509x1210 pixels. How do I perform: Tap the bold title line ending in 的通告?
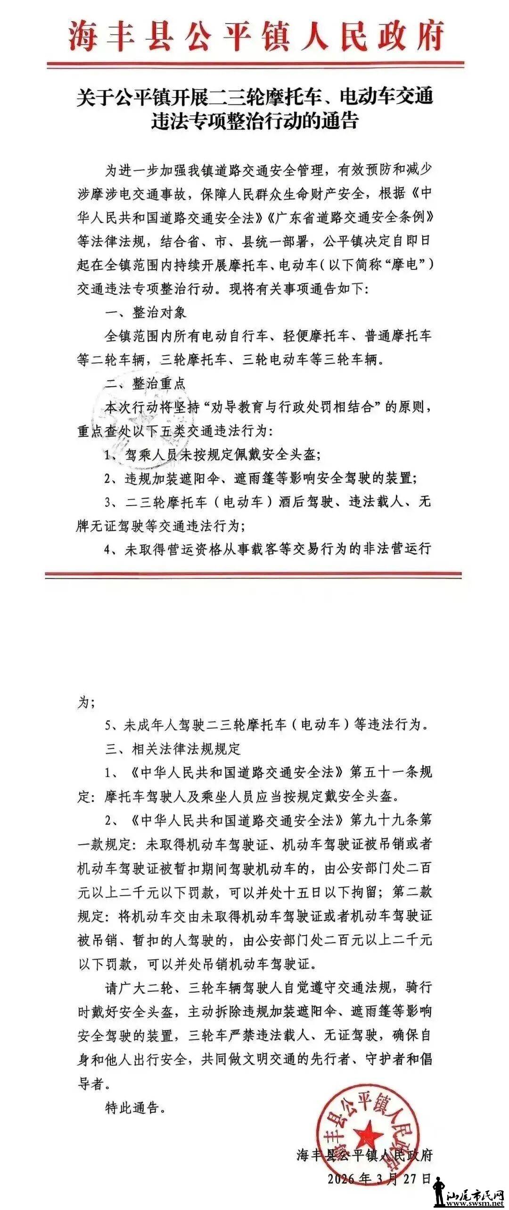click(255, 121)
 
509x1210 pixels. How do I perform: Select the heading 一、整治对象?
click(146, 312)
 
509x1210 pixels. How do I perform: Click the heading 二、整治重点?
click(146, 383)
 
